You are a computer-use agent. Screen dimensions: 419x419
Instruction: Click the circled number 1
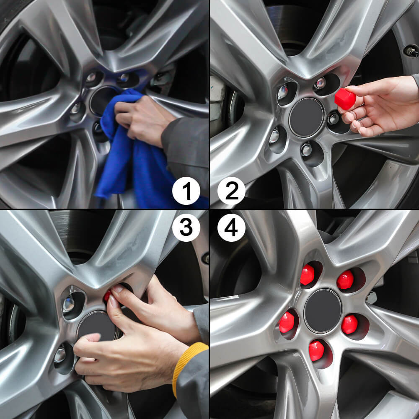186,191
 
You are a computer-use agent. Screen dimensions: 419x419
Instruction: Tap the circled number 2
231,191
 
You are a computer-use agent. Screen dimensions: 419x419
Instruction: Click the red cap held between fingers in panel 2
345,99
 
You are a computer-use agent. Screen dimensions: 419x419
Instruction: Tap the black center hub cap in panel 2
307,118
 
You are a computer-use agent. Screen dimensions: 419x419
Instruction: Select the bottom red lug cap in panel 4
317,350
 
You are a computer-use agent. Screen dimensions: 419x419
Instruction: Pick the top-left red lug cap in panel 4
308,275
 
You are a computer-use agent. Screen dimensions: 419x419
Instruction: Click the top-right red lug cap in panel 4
345,280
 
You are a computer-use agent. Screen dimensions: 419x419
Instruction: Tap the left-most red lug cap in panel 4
287,322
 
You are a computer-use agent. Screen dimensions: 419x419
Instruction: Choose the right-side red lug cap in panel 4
349,324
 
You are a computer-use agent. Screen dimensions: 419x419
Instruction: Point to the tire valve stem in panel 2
411,52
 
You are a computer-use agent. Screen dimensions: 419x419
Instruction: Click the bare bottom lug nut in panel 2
307,150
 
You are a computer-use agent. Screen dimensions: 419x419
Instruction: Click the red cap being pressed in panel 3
108,296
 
